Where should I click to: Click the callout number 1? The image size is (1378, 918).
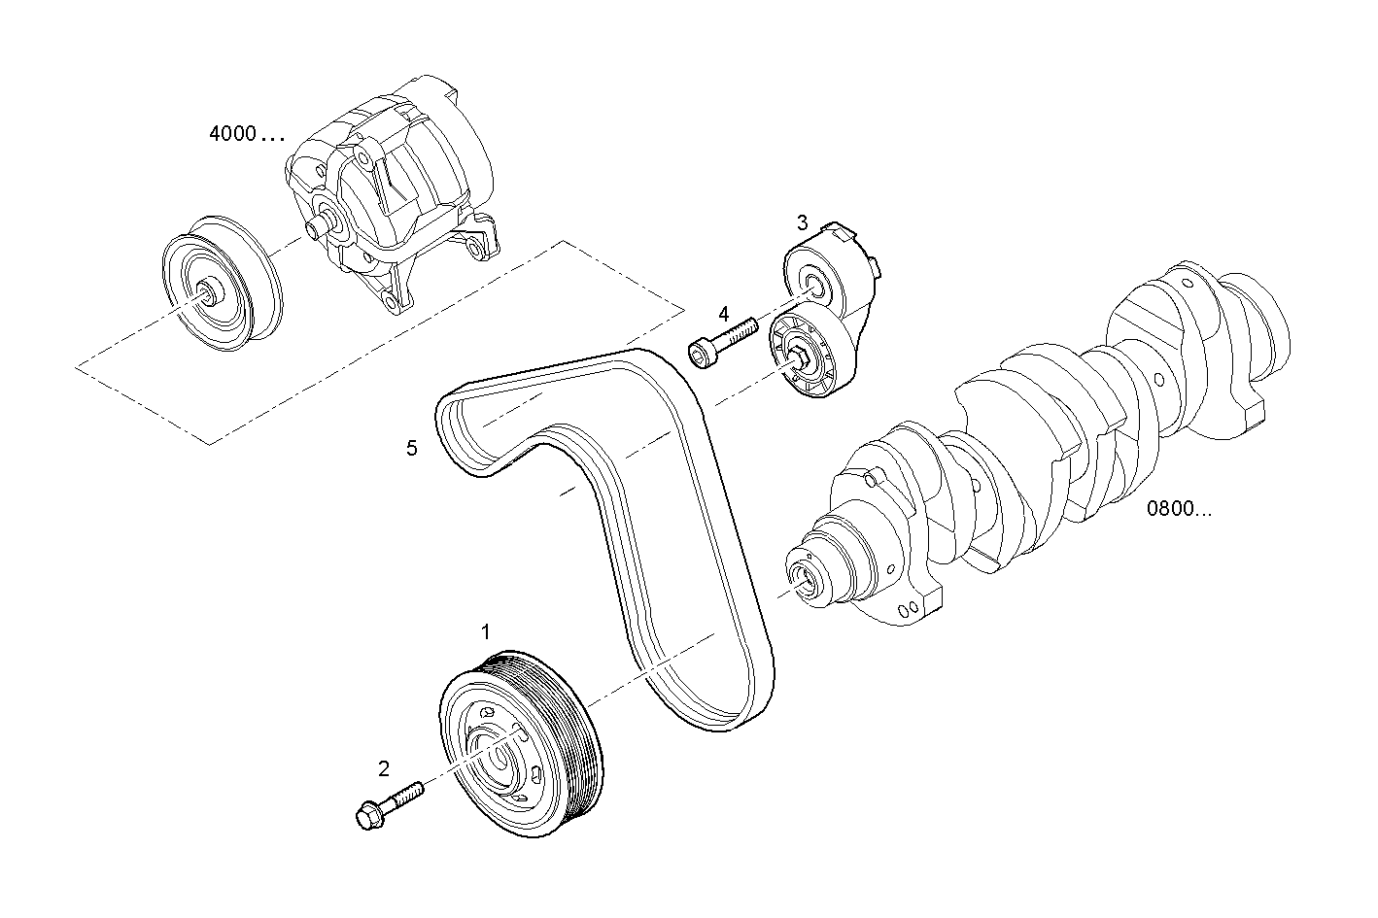click(486, 632)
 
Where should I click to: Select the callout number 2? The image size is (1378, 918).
click(384, 769)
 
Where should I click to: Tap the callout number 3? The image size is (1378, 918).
click(802, 222)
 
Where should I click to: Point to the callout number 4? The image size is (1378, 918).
click(723, 314)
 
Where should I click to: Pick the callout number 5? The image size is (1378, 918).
click(412, 448)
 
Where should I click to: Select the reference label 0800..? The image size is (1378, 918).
click(1178, 508)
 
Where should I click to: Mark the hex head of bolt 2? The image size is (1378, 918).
click(367, 816)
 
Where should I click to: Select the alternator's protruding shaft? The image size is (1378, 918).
click(317, 227)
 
